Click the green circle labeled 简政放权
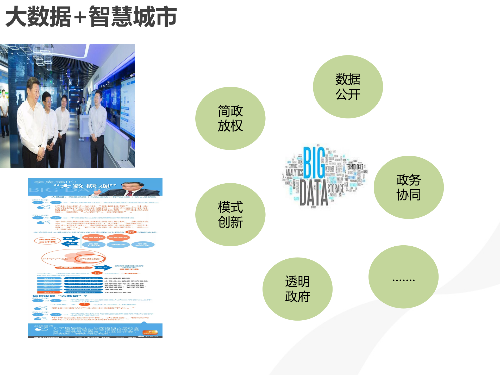[x=230, y=118]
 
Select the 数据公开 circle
[x=348, y=87]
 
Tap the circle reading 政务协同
[x=408, y=187]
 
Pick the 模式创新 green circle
[x=230, y=215]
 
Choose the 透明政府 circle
[x=297, y=289]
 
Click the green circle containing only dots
[x=403, y=277]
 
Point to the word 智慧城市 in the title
[x=133, y=17]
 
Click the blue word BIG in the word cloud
[x=314, y=163]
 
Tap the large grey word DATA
[x=314, y=193]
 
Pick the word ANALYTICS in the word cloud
[x=294, y=172]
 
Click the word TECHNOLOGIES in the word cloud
[x=354, y=167]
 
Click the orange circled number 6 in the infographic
[x=97, y=273]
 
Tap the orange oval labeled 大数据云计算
[x=47, y=241]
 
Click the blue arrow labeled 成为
[x=103, y=267]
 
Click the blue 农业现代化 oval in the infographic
[x=143, y=245]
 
